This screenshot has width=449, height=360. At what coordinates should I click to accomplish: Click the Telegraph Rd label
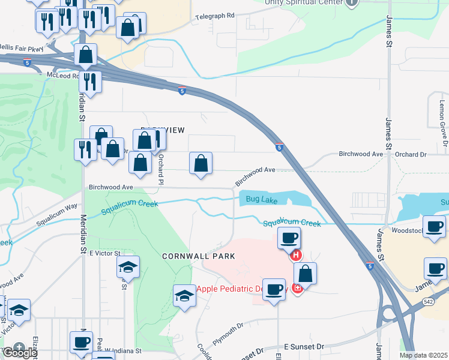coord(214,16)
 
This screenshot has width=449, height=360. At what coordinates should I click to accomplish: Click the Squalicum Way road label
coord(57,214)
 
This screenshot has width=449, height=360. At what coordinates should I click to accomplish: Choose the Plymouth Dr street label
coord(227,329)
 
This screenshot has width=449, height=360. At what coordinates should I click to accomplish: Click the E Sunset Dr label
coord(304,347)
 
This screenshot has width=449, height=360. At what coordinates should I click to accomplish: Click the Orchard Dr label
coord(411,154)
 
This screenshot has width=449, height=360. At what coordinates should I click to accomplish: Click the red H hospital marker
coord(296,256)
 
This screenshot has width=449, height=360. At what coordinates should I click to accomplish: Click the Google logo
coord(19,352)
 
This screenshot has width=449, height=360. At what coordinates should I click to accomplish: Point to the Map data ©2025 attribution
coord(423,355)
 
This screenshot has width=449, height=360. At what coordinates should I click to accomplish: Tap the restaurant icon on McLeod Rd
coord(90,82)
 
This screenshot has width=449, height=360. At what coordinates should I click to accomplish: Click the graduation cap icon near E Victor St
coord(128,268)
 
